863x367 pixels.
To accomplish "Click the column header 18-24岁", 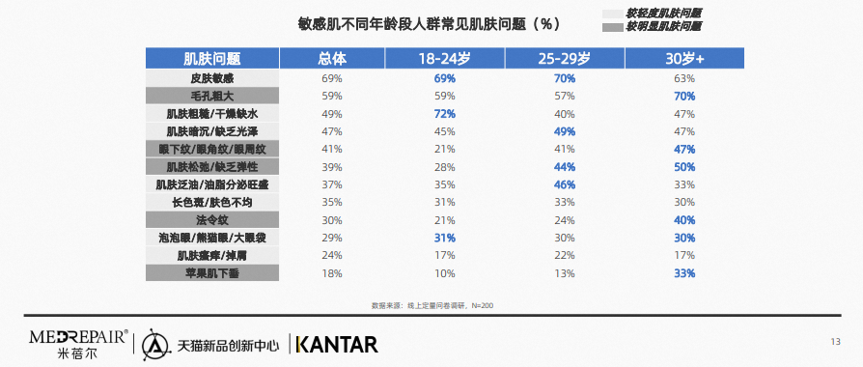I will pyautogui.click(x=444, y=58).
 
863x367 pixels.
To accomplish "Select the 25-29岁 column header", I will pyautogui.click(x=564, y=58).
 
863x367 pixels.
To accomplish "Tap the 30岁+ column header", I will pyautogui.click(x=684, y=58).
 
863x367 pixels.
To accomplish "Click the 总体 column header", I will pyautogui.click(x=332, y=58).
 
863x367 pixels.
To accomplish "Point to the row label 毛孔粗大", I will pyautogui.click(x=212, y=96).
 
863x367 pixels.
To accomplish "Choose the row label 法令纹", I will pyautogui.click(x=212, y=220).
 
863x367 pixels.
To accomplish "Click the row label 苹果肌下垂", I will pyautogui.click(x=212, y=273).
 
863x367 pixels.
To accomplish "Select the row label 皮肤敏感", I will pyautogui.click(x=212, y=78).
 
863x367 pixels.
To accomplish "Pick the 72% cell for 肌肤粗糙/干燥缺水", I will pyautogui.click(x=444, y=114).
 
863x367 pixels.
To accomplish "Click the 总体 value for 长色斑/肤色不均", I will pyautogui.click(x=332, y=202).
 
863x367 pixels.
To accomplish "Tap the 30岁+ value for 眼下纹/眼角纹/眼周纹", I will pyautogui.click(x=684, y=149).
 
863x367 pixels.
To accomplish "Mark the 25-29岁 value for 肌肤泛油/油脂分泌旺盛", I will pyautogui.click(x=564, y=184).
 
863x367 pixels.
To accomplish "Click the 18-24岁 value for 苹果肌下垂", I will pyautogui.click(x=444, y=273).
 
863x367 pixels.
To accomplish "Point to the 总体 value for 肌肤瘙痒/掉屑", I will pyautogui.click(x=332, y=255).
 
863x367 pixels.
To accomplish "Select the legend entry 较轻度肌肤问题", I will pyautogui.click(x=663, y=14).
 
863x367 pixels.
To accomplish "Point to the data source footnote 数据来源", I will pyautogui.click(x=431, y=305).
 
